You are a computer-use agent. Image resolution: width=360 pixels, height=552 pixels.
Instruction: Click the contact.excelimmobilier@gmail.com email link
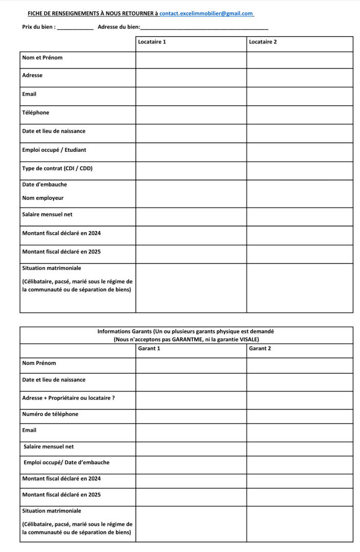[x=206, y=13]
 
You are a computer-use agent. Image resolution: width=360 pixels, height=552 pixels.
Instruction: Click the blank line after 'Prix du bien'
[x=75, y=28]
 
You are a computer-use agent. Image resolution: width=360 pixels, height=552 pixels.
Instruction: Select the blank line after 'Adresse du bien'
[x=204, y=28]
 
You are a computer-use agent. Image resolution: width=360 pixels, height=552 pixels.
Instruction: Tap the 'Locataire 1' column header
[x=152, y=42]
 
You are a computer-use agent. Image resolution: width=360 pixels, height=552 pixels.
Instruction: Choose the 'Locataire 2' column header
[x=263, y=42]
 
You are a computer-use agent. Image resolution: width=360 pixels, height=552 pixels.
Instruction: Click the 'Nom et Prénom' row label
[x=42, y=58]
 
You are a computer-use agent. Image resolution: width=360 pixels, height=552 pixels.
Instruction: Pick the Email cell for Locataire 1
[x=191, y=96]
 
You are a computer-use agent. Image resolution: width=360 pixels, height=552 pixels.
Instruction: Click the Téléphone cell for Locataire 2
[x=300, y=114]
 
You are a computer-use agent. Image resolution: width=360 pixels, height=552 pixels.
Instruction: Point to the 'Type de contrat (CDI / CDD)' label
[x=57, y=168]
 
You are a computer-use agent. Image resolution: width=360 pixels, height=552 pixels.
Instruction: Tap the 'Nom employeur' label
[x=43, y=198]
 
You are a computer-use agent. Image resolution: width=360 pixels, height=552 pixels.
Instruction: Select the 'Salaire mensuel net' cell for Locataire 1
[x=191, y=217]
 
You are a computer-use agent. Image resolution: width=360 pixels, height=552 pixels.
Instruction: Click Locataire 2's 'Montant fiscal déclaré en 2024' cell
[x=300, y=235]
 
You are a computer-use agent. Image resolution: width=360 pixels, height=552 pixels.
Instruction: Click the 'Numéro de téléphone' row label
[x=50, y=414]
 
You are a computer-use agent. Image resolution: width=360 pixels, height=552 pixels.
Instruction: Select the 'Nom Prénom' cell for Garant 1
[x=191, y=365]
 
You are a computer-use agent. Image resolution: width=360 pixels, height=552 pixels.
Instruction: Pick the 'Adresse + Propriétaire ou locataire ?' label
[x=69, y=398]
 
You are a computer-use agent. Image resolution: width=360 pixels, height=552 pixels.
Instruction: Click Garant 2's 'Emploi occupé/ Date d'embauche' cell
[x=300, y=464]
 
